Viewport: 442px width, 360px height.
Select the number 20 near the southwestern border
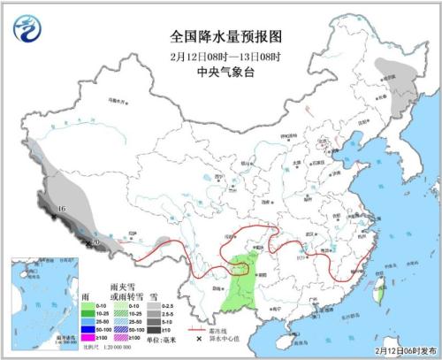[95, 241]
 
